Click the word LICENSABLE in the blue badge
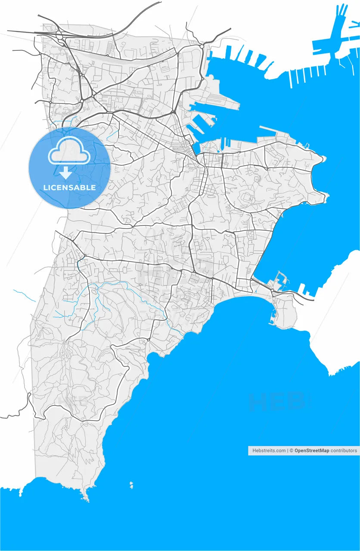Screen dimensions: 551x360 [x=69, y=188]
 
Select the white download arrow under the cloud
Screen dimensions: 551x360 [x=65, y=173]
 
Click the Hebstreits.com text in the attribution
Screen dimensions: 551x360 [x=269, y=451]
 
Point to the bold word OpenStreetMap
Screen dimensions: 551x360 [x=312, y=451]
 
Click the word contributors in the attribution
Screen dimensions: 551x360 [x=344, y=451]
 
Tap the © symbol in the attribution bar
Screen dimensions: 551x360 [x=291, y=451]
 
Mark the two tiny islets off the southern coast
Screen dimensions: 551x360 [x=131, y=485]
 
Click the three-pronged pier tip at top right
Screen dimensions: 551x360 [x=342, y=10]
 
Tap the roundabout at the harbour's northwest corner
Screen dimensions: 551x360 [x=202, y=46]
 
